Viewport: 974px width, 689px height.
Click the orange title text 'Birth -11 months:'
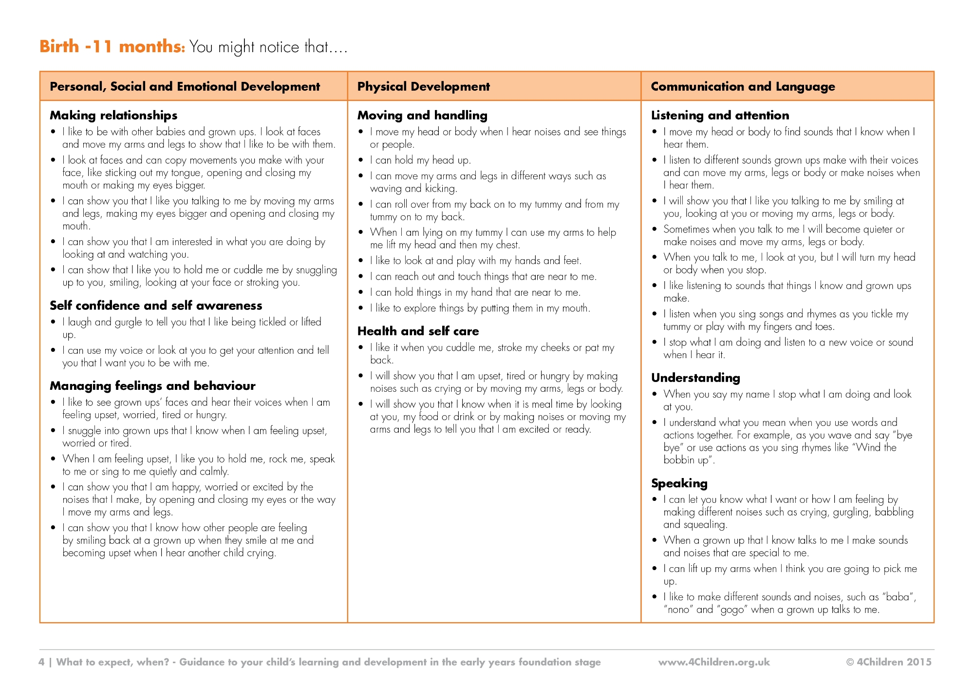click(x=112, y=47)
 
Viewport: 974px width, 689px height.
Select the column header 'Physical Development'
click(x=423, y=87)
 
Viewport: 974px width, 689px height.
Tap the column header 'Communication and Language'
click(x=743, y=87)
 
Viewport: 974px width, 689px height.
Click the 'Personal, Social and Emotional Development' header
click(x=185, y=87)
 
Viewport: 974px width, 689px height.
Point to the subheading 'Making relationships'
click(x=113, y=115)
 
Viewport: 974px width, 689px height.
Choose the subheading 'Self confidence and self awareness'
click(x=156, y=306)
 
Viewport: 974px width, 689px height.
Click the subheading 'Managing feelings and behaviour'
click(x=152, y=386)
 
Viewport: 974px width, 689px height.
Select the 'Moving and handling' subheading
click(x=422, y=115)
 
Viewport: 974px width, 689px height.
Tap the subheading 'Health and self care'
click(x=418, y=331)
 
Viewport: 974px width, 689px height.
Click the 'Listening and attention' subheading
click(x=720, y=115)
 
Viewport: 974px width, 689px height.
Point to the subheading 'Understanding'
click(x=695, y=378)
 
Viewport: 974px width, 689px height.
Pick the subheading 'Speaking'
click(x=679, y=483)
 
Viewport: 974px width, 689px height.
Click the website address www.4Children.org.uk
click(x=714, y=662)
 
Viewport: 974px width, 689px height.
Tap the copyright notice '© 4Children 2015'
click(x=889, y=662)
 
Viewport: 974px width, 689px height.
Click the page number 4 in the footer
click(x=41, y=662)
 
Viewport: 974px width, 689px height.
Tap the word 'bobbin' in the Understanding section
click(x=679, y=460)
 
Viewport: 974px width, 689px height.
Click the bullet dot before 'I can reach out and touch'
click(x=361, y=277)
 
